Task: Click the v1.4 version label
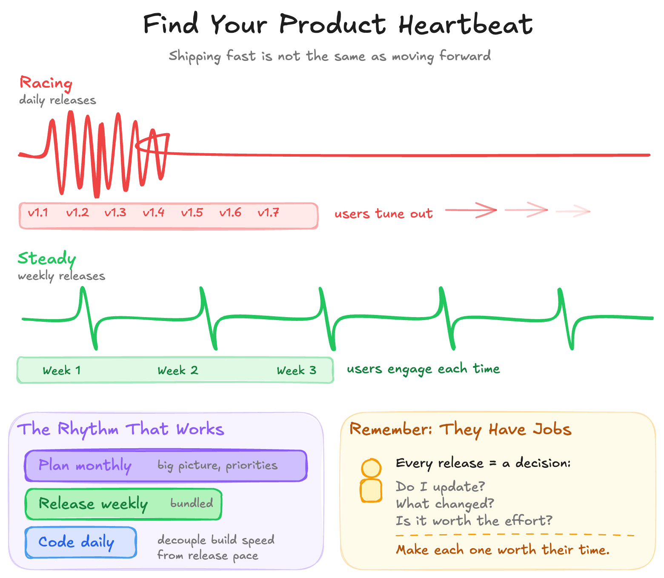154,212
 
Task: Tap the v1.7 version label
269,212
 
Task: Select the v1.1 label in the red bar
38,212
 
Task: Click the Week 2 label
178,370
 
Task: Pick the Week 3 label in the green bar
297,370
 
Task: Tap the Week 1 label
62,370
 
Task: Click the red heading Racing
46,83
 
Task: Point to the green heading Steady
47,258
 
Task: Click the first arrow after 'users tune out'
471,210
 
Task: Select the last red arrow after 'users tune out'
573,211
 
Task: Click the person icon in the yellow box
371,481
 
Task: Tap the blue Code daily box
81,542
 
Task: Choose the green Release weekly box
123,504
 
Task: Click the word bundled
192,503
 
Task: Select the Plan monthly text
85,465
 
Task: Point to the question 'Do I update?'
440,486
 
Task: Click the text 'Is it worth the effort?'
474,521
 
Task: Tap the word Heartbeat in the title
465,24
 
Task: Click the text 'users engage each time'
423,369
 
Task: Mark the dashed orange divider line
515,535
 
